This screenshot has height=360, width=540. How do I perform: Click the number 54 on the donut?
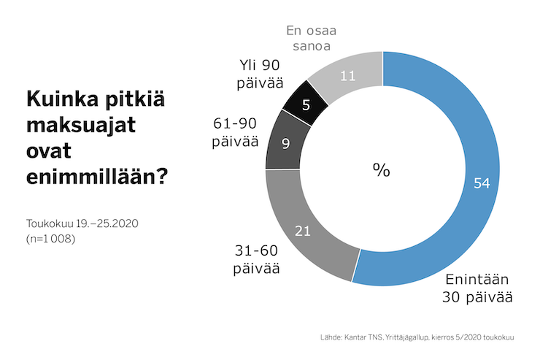(x=481, y=184)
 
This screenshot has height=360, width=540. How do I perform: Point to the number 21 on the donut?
(x=303, y=231)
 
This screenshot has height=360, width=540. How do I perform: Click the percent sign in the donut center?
(x=382, y=169)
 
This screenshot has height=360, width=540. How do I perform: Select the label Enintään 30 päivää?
(x=477, y=288)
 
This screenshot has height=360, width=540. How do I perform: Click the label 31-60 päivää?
(x=257, y=259)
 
